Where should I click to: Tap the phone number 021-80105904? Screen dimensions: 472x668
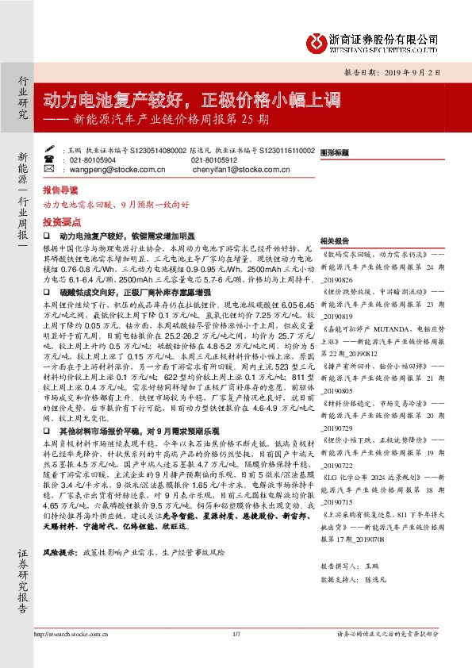point(93,159)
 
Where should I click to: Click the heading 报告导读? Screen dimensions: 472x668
point(59,191)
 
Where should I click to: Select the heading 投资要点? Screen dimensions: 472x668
point(59,223)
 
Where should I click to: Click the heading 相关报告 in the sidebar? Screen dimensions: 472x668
point(335,240)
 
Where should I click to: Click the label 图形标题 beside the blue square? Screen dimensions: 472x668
point(338,152)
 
